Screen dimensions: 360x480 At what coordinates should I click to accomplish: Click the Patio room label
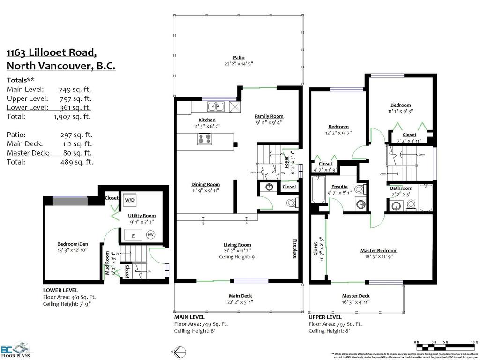click(239, 57)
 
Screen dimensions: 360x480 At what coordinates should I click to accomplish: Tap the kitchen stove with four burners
click(205, 139)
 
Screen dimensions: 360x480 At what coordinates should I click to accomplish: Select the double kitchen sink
click(217, 106)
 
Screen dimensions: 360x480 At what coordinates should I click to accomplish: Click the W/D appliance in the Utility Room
click(129, 200)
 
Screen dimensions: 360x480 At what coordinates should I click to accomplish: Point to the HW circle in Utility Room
click(150, 234)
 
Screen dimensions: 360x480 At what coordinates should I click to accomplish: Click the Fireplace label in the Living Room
click(294, 248)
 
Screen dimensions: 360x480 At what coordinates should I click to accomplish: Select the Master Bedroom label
click(379, 250)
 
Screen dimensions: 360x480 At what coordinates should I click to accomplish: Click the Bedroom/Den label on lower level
click(73, 244)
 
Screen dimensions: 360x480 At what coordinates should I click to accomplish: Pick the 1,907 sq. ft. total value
click(72, 117)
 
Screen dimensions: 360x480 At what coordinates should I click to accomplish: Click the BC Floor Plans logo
click(14, 350)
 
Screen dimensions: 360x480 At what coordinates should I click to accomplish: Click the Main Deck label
click(240, 296)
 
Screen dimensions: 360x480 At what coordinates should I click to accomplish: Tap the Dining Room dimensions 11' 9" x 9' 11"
click(205, 190)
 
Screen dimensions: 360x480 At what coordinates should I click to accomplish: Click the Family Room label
click(269, 116)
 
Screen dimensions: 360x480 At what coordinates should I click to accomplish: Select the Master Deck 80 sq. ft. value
click(77, 153)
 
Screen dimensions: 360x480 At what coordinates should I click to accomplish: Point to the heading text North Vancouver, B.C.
click(61, 66)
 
